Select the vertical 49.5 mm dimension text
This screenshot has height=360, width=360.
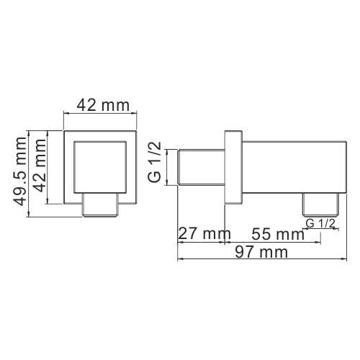click(x=21, y=172)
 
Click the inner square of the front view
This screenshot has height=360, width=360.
click(x=100, y=167)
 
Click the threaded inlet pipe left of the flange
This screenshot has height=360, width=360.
click(x=202, y=167)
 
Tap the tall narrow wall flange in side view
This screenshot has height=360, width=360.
click(x=233, y=167)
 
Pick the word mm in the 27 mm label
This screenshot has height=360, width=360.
click(x=214, y=234)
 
